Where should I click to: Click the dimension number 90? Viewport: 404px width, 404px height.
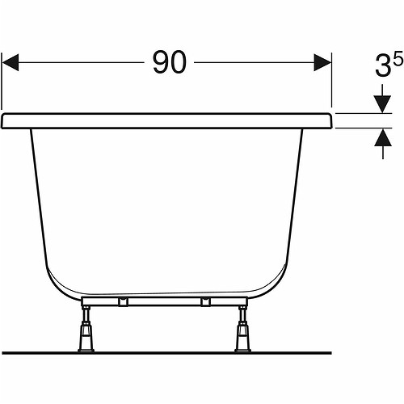(170, 62)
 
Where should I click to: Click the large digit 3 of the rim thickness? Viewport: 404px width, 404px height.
(383, 66)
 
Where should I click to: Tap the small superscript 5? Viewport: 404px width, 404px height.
(398, 58)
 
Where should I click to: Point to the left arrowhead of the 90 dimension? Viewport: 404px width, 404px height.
(11, 62)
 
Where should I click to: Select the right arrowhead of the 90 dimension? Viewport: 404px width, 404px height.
(322, 62)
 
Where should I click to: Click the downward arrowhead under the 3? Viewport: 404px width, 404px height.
(383, 104)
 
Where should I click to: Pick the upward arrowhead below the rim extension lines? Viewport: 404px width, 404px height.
(383, 137)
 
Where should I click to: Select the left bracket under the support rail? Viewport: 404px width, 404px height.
(123, 301)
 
